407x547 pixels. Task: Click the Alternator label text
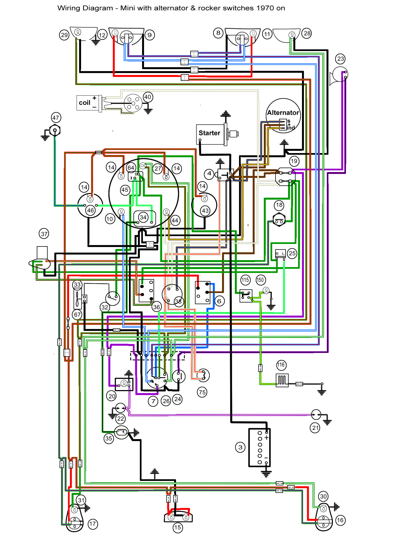click(x=283, y=113)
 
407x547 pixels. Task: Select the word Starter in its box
click(x=209, y=133)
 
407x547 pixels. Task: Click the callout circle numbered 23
click(x=340, y=59)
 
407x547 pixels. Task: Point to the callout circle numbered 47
click(x=56, y=118)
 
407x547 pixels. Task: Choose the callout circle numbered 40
click(x=148, y=97)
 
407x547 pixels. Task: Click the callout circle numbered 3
click(x=240, y=447)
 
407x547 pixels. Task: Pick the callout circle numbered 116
click(x=281, y=365)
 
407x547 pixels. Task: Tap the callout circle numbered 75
click(x=202, y=392)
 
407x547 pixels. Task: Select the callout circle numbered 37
click(x=44, y=234)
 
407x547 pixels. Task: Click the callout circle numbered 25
click(x=292, y=253)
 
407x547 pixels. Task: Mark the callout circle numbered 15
click(x=177, y=527)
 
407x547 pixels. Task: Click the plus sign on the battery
click(x=267, y=438)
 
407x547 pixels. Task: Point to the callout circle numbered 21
click(x=315, y=428)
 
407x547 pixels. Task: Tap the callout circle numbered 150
click(x=260, y=280)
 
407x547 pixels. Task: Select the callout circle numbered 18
click(x=279, y=205)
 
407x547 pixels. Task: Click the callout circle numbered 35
click(x=109, y=438)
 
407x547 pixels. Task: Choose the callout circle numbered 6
click(x=219, y=301)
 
